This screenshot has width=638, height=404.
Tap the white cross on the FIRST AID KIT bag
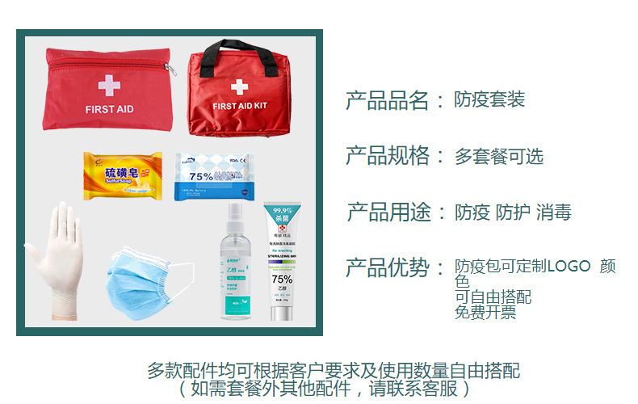point(239,86)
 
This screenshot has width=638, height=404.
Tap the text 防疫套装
point(489,99)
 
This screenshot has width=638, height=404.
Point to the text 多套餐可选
point(498,157)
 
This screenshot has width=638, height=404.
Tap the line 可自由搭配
point(493,297)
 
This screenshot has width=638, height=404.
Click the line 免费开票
point(485,313)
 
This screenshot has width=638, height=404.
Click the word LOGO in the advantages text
point(569,266)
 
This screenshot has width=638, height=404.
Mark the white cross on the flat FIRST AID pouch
point(108,85)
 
